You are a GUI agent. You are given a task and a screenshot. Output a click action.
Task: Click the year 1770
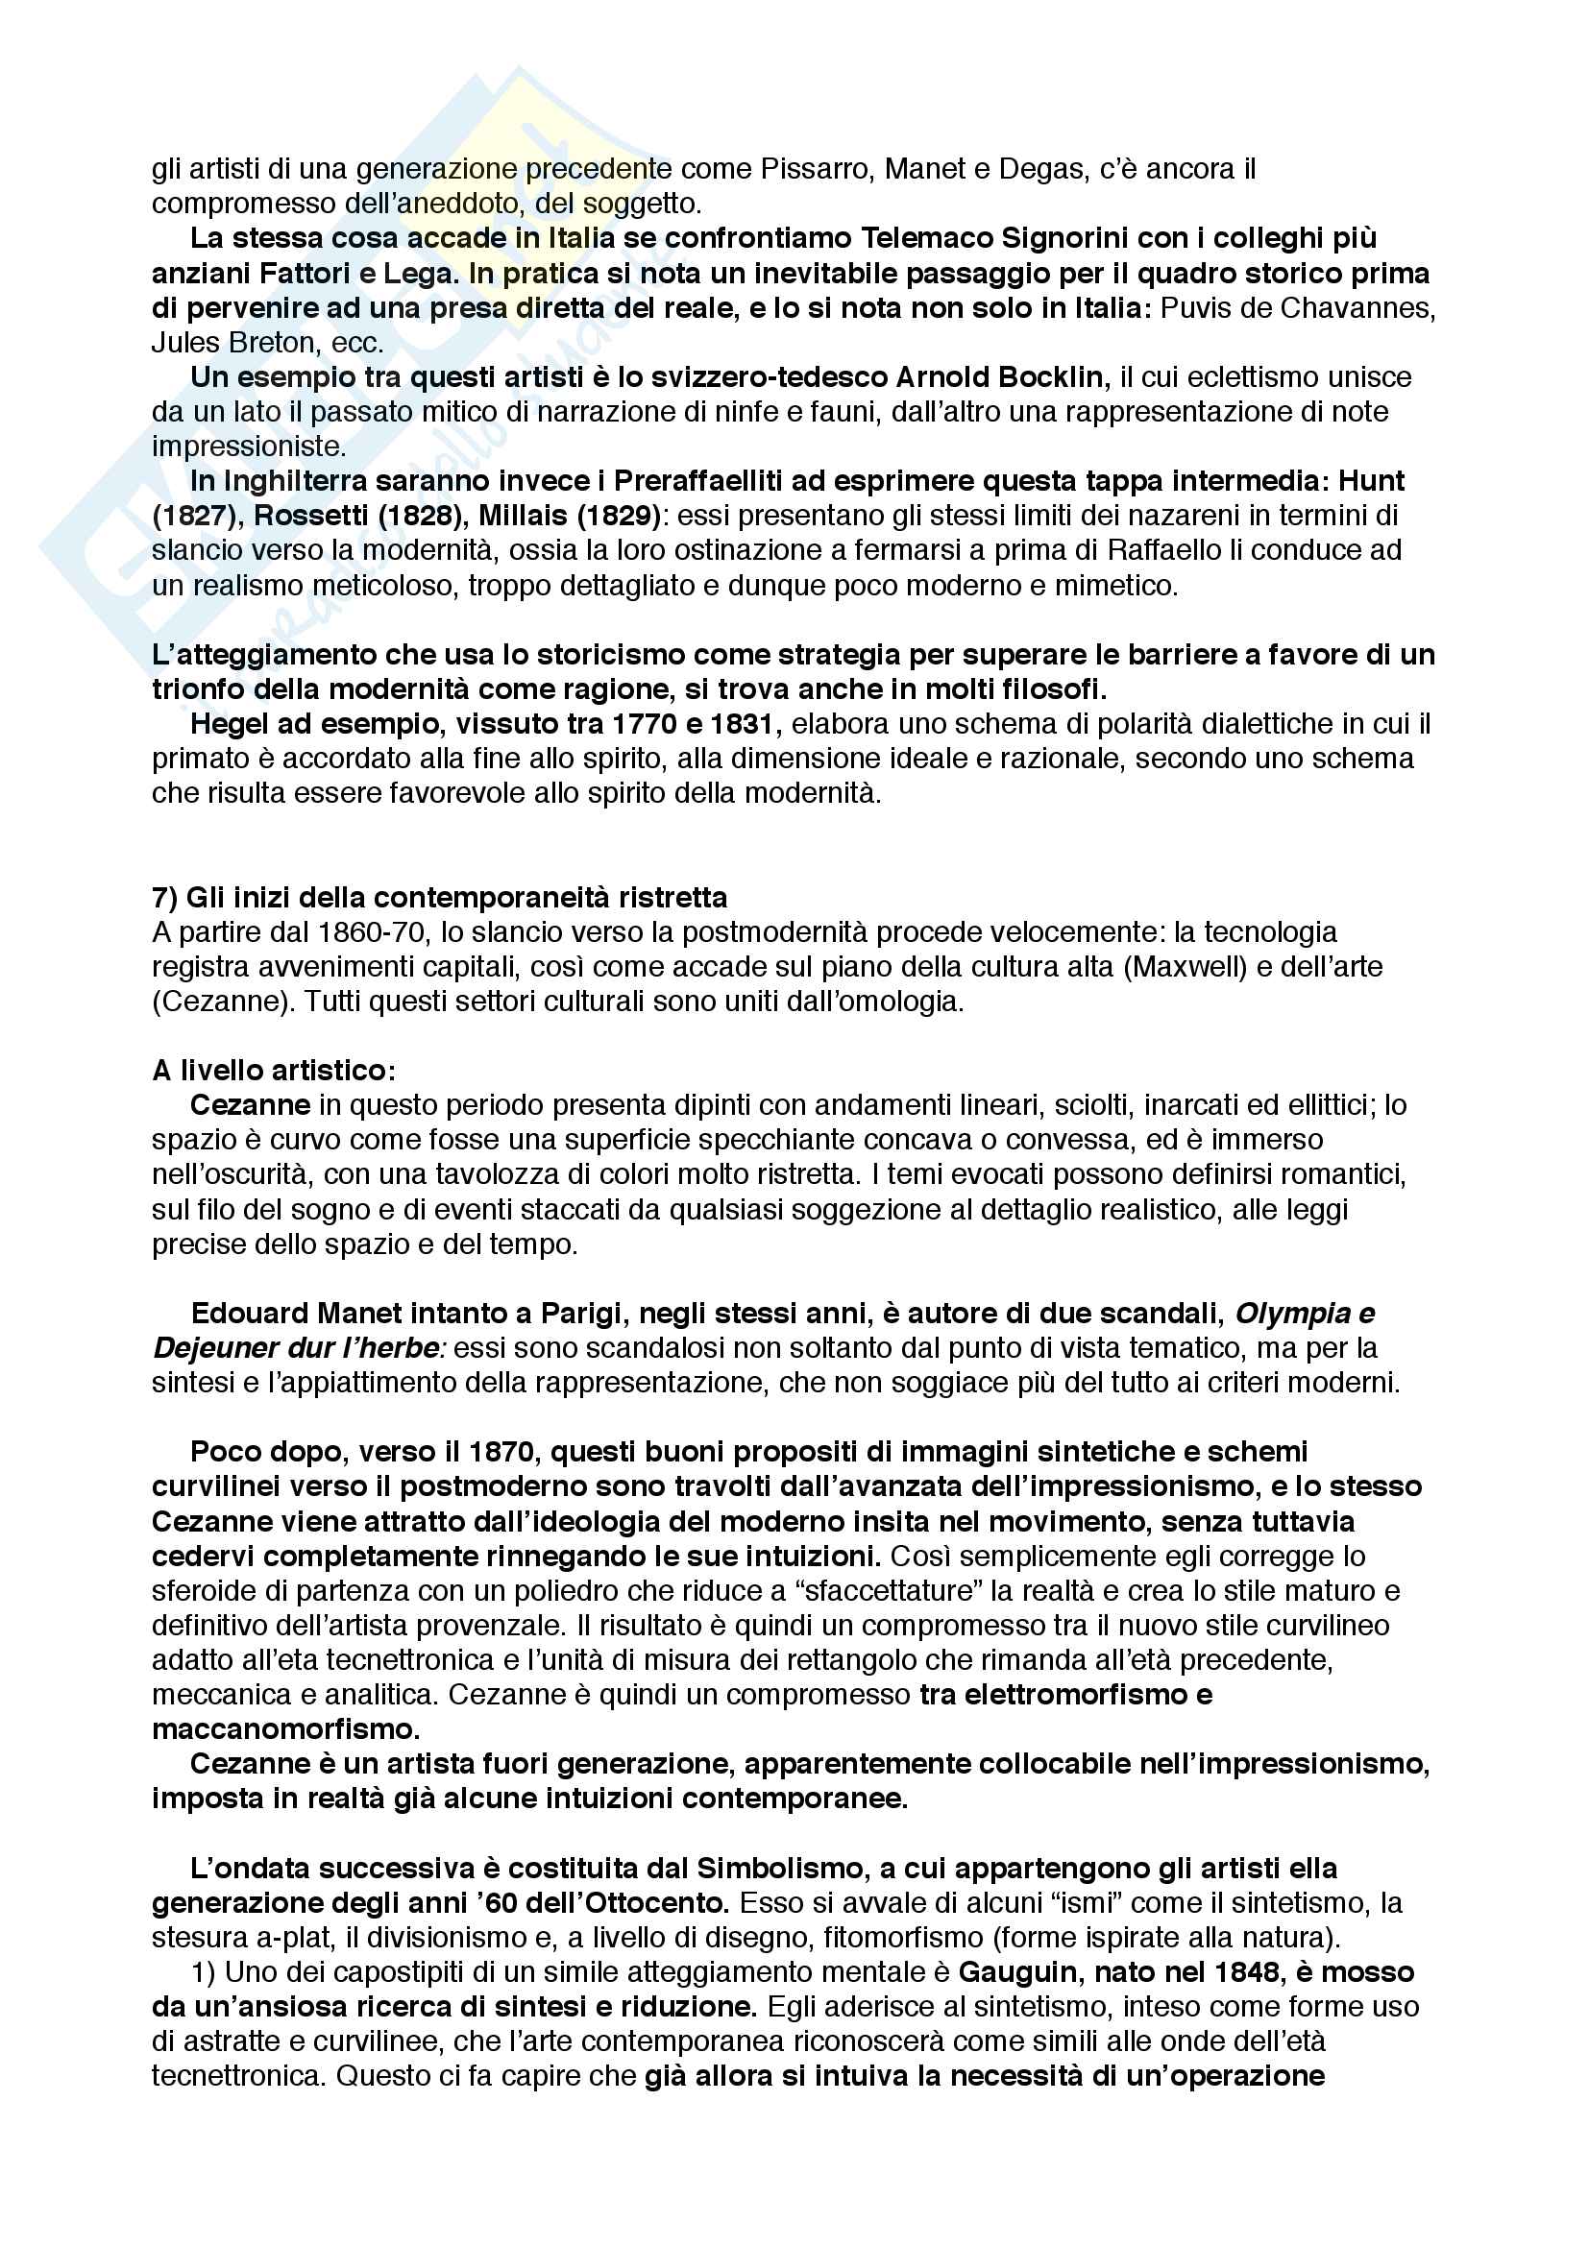pos(654,724)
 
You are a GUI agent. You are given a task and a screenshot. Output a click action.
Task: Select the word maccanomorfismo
pos(285,1728)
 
